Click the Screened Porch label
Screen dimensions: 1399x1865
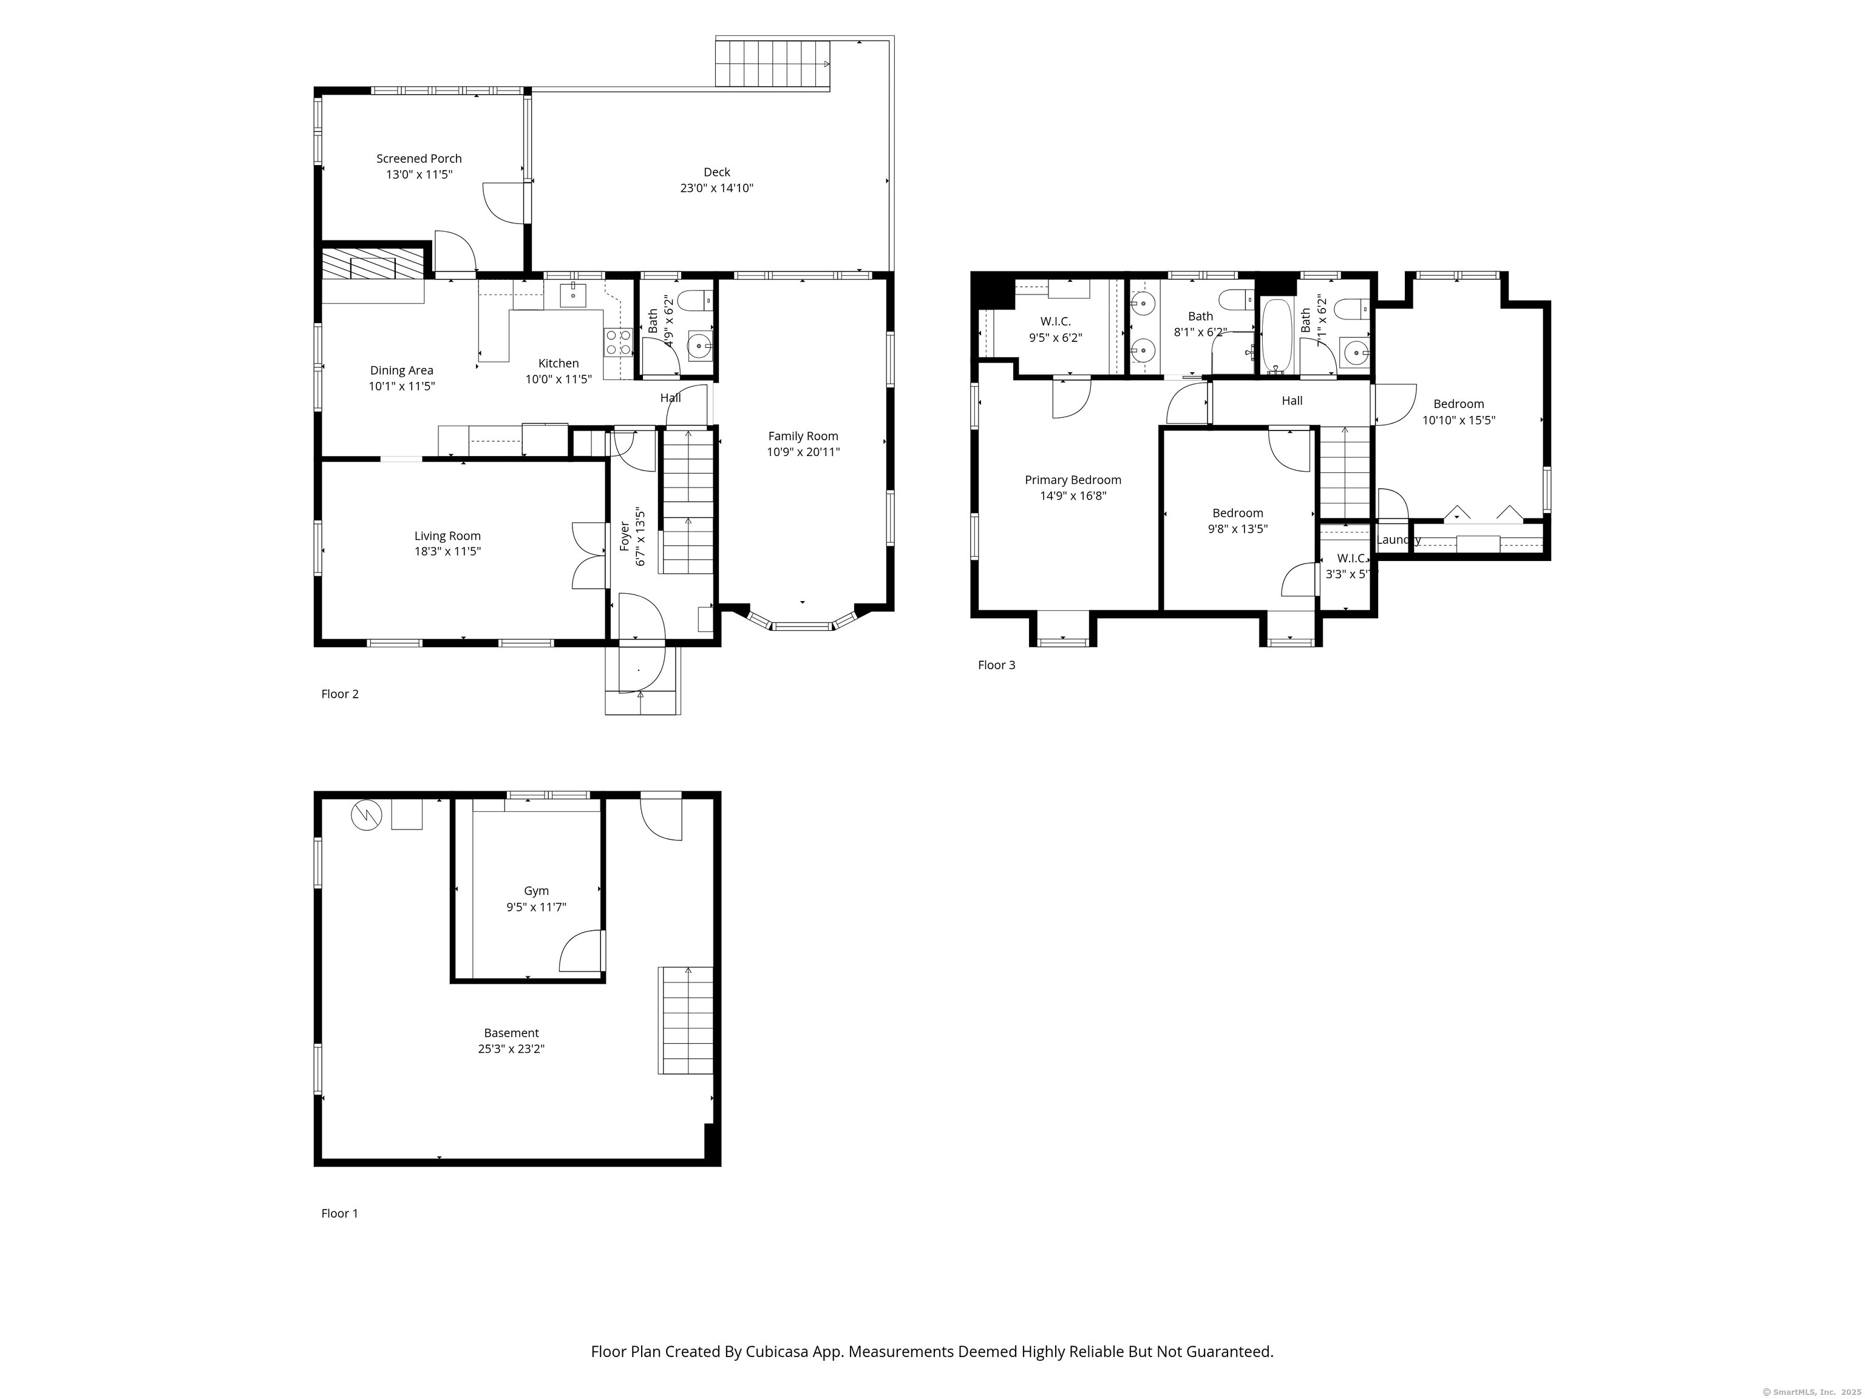(418, 158)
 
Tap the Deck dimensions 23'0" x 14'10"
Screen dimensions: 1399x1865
(716, 188)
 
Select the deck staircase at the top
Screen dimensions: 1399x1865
(773, 63)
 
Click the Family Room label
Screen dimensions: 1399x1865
(803, 436)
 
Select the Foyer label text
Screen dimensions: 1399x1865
(625, 536)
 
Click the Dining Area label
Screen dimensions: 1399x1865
(401, 370)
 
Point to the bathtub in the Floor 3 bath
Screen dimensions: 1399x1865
(1277, 336)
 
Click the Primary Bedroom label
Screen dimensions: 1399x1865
(1073, 480)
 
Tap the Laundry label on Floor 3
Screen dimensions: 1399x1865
(1398, 540)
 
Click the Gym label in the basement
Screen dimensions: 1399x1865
(536, 891)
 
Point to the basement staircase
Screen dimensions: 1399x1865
(685, 1020)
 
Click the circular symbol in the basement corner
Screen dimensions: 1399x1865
(367, 815)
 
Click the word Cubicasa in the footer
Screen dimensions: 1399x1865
(776, 1352)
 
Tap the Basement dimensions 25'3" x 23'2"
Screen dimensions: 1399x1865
(511, 1049)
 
